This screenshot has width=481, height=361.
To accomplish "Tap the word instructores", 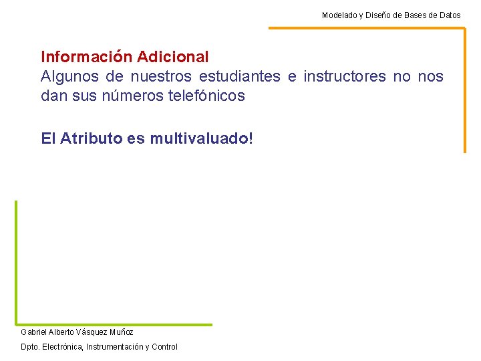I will click(x=345, y=77).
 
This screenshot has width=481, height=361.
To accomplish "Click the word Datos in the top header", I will click(x=449, y=15).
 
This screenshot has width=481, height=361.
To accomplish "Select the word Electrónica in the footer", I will click(x=63, y=347).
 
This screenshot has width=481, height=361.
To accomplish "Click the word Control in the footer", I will click(x=165, y=347).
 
